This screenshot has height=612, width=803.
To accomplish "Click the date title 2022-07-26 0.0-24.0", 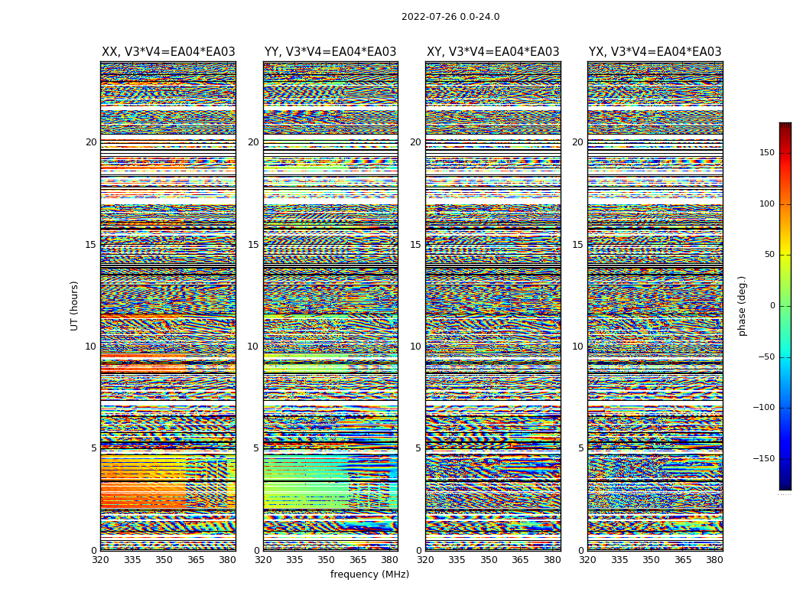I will click(x=450, y=17).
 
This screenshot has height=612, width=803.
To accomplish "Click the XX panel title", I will click(x=168, y=52).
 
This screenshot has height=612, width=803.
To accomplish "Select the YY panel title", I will click(x=330, y=52).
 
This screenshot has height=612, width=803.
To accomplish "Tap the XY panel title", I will click(x=493, y=52).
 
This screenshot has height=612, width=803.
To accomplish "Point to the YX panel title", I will click(x=655, y=52).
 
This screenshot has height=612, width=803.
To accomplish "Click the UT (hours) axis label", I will click(x=75, y=305).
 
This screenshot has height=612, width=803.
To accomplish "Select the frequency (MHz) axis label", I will click(x=369, y=575).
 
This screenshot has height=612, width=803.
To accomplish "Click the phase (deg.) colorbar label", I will click(x=742, y=305).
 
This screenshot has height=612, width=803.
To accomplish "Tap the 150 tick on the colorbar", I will click(x=767, y=153).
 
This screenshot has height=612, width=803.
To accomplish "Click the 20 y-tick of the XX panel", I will click(x=91, y=142).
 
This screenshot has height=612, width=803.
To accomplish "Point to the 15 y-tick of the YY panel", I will click(x=253, y=245).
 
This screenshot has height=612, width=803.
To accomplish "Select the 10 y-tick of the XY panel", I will click(x=415, y=347).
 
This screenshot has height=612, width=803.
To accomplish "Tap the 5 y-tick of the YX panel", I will click(x=580, y=448).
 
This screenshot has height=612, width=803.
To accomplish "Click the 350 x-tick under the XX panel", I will click(x=164, y=560).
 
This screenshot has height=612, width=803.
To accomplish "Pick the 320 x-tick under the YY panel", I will click(x=263, y=560).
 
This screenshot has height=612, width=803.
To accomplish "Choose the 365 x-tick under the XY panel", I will click(x=520, y=560).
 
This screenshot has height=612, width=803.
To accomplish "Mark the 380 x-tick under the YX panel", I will click(x=714, y=560).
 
